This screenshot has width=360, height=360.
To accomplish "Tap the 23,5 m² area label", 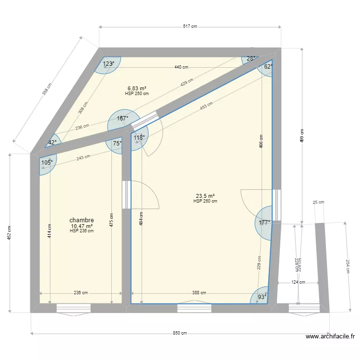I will (205, 196).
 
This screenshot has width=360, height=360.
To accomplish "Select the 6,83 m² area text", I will (137, 88).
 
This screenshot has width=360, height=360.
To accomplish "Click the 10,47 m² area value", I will (82, 226).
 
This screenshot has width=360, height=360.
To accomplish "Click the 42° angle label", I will (52, 142).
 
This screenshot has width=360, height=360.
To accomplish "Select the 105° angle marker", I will (47, 162).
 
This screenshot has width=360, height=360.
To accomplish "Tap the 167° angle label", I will (123, 118).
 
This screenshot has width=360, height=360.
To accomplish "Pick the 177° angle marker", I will (264, 223).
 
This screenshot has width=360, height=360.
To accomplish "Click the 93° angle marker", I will (262, 297).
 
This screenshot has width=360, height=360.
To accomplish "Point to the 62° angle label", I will (268, 67).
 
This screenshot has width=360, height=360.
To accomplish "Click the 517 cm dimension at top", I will (191, 27).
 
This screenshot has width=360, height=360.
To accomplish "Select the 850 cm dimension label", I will (180, 333).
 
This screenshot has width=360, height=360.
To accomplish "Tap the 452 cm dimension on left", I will (10, 233).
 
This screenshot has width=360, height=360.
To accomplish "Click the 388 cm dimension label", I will (199, 293).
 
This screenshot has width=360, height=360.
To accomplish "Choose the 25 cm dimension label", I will (318, 203).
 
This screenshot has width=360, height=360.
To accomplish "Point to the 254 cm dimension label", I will (348, 266).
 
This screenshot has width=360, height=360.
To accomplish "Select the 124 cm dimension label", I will (299, 282).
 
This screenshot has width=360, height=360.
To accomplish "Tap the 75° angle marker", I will (117, 143).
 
